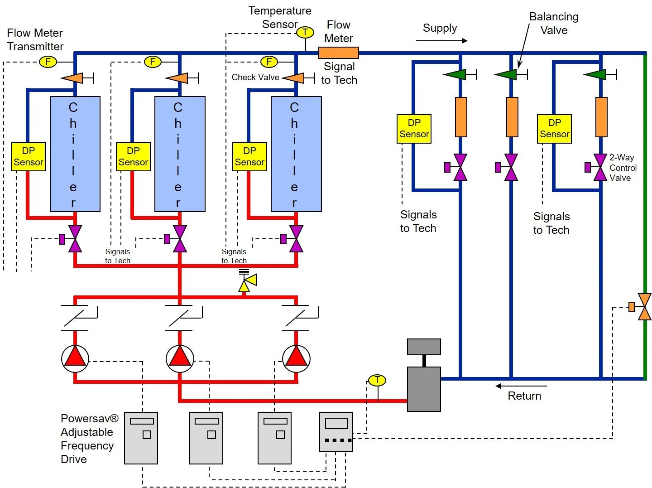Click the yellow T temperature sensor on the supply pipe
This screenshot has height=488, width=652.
[x=305, y=32]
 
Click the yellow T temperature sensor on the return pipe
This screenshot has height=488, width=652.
[x=377, y=380]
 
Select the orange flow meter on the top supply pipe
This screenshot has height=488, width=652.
[x=339, y=53]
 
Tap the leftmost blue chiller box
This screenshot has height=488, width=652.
[x=75, y=154]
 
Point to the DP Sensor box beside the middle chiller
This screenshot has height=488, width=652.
[x=133, y=157]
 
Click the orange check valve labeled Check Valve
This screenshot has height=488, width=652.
[x=294, y=78]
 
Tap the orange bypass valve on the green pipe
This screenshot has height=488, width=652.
[x=644, y=307]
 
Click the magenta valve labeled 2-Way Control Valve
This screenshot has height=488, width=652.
[x=600, y=167]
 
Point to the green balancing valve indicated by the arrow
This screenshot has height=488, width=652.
[x=507, y=74]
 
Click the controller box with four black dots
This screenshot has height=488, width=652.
[x=336, y=431]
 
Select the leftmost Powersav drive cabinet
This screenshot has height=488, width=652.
[x=141, y=438]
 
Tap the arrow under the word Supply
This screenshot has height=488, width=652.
[x=441, y=41]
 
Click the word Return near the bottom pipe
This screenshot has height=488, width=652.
[x=524, y=396]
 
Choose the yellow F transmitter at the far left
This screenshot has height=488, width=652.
[x=48, y=62]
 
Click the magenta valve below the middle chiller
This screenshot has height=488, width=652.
[x=179, y=239]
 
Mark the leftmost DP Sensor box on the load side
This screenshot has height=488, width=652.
[x=414, y=129]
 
